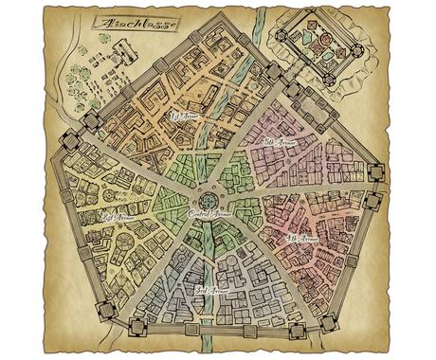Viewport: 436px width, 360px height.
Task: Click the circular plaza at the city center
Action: [x=209, y=200]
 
